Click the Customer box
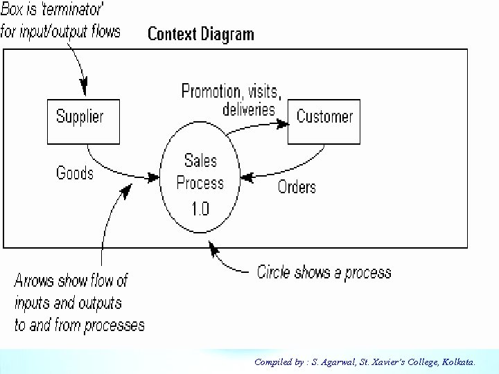[x=324, y=121]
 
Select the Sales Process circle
[x=200, y=180]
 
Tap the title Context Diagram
[x=201, y=34]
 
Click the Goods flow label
[x=74, y=172]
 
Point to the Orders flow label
[x=297, y=186]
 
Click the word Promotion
[x=209, y=91]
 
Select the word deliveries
[x=249, y=109]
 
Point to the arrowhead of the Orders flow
[x=250, y=177]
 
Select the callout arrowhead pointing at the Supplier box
[x=85, y=89]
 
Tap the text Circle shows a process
[x=324, y=272]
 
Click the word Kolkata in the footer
[x=457, y=362]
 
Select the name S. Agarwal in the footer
[x=330, y=362]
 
